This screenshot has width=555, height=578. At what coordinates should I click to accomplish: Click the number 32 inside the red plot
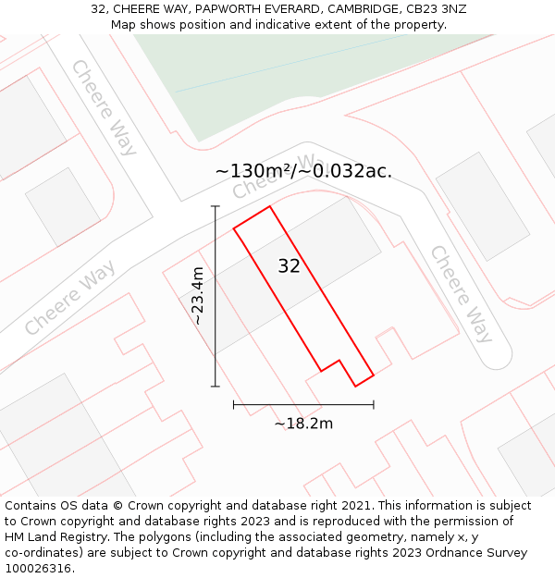click(x=289, y=266)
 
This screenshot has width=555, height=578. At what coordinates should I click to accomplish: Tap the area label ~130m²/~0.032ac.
click(x=303, y=171)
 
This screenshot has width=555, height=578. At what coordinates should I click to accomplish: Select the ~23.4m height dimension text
click(x=196, y=295)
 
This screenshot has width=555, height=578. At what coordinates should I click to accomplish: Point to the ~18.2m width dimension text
click(x=303, y=424)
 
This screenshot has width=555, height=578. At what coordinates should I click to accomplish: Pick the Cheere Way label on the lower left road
click(x=69, y=298)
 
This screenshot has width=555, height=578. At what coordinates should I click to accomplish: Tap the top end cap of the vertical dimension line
click(x=216, y=206)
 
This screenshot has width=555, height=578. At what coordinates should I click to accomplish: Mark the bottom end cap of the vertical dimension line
click(x=216, y=386)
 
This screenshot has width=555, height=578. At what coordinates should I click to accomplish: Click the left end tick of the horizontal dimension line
click(x=234, y=404)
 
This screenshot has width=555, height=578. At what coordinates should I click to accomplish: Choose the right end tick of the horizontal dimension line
click(x=374, y=404)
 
